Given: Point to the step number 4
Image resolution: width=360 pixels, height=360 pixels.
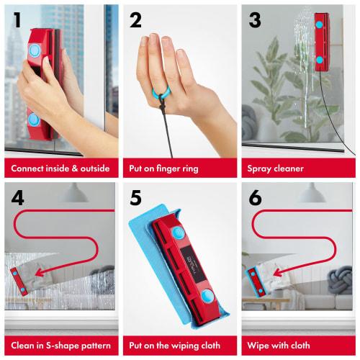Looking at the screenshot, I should click(x=16, y=197).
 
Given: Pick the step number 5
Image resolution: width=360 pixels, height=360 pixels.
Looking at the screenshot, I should click(x=135, y=197).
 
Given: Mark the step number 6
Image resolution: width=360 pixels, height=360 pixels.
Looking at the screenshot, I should click(x=254, y=197).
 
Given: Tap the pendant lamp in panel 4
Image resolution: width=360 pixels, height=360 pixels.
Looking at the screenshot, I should click(x=74, y=192).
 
